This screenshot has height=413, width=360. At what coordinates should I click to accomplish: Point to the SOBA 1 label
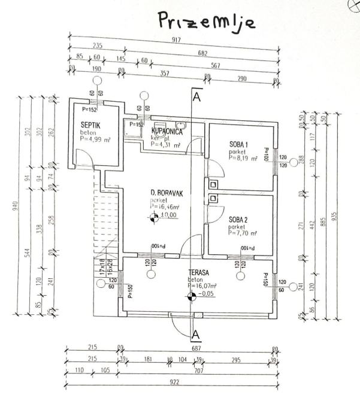point(238,144)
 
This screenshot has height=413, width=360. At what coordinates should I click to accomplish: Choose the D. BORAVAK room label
point(166,192)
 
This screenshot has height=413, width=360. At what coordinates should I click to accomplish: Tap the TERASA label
point(198,271)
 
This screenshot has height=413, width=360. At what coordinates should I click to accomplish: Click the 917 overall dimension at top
point(174,41)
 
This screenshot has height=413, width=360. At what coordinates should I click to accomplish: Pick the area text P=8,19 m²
point(243,159)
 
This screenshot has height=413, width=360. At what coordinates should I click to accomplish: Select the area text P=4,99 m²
point(96,139)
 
